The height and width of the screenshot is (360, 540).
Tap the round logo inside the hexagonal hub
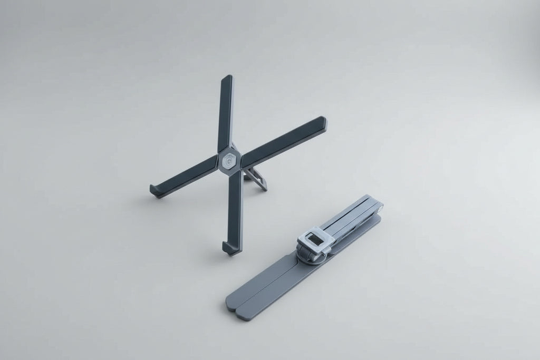pyautogui.click(x=230, y=162)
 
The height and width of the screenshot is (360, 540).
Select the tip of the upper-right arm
pyautogui.click(x=323, y=122)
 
